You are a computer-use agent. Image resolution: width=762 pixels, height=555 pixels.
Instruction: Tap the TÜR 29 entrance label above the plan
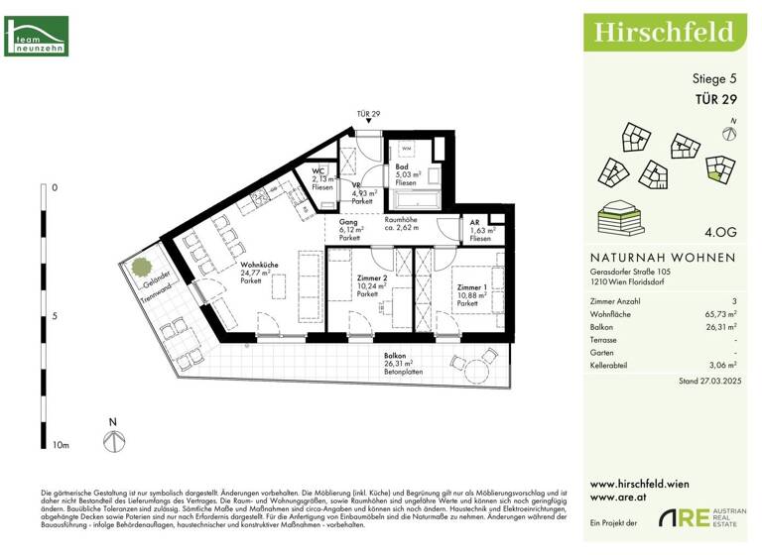pyautogui.click(x=368, y=115)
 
